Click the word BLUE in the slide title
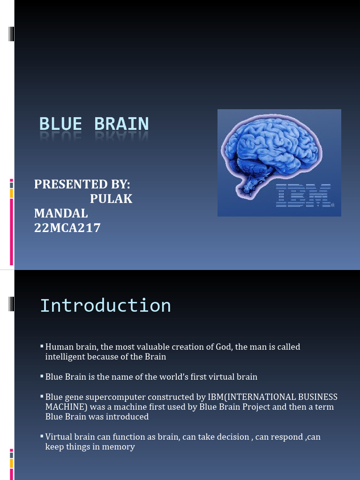point(60,124)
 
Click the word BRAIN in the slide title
point(121,124)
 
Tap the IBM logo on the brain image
point(303,196)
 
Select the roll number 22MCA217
point(67,228)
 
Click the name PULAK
point(111,199)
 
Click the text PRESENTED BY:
point(82,184)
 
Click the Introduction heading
point(105,306)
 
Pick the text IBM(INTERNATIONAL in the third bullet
point(246,397)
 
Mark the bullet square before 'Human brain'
point(41,346)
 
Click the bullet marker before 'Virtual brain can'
point(41,436)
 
